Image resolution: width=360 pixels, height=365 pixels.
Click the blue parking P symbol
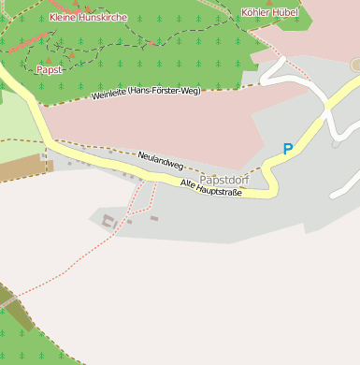coord(288,149)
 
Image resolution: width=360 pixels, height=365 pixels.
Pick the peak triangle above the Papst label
coord(49,57)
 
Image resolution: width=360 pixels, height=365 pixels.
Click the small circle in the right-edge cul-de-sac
coord(355,65)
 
